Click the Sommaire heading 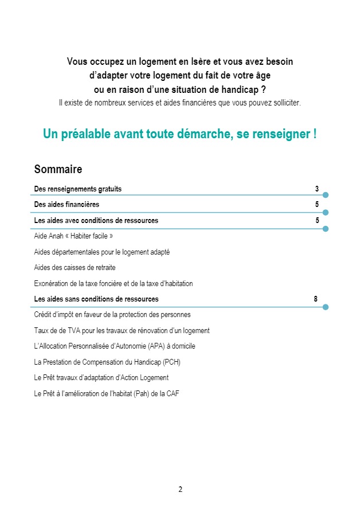(58, 169)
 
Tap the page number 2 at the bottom (180, 489)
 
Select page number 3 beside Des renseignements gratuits (316, 189)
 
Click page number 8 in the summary (316, 299)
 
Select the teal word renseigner (284, 134)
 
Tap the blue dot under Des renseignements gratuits (326, 195)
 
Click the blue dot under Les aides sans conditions (326, 307)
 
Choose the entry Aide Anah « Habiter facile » (73, 236)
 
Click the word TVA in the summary (65, 331)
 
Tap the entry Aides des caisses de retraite (75, 268)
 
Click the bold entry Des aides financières (66, 205)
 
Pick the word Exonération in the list (52, 283)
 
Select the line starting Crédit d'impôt (112, 315)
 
